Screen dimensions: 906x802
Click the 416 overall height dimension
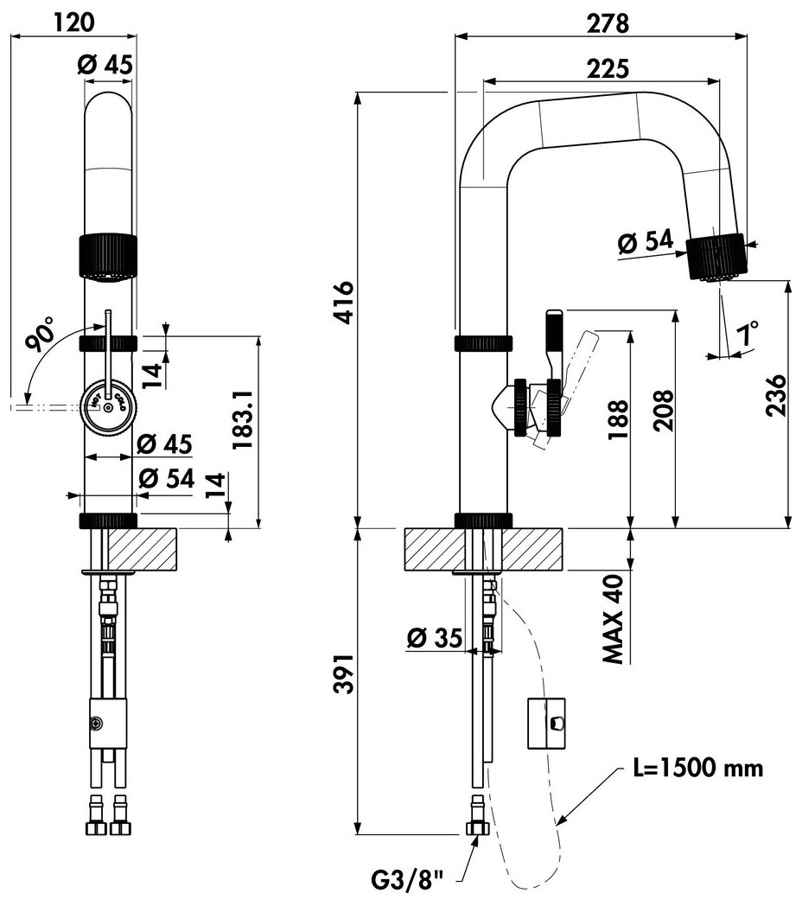pyautogui.click(x=345, y=301)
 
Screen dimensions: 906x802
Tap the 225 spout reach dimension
pyautogui.click(x=605, y=67)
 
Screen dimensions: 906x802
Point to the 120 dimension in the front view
pyautogui.click(x=73, y=22)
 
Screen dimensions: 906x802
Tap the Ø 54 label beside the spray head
pyautogui.click(x=645, y=243)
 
